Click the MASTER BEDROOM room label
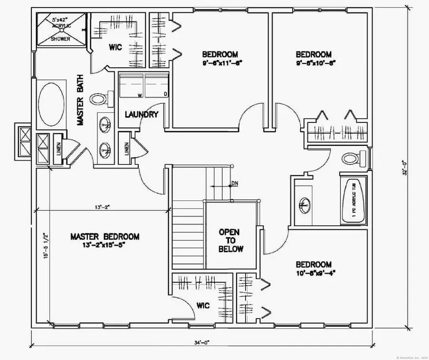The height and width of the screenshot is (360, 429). click(x=105, y=237)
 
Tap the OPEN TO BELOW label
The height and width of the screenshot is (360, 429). click(x=231, y=240)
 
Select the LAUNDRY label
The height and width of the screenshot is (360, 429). click(x=141, y=114)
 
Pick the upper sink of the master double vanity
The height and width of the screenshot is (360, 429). click(x=104, y=125)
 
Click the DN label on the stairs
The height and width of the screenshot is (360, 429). click(x=234, y=183)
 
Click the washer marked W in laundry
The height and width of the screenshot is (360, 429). click(x=131, y=87)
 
